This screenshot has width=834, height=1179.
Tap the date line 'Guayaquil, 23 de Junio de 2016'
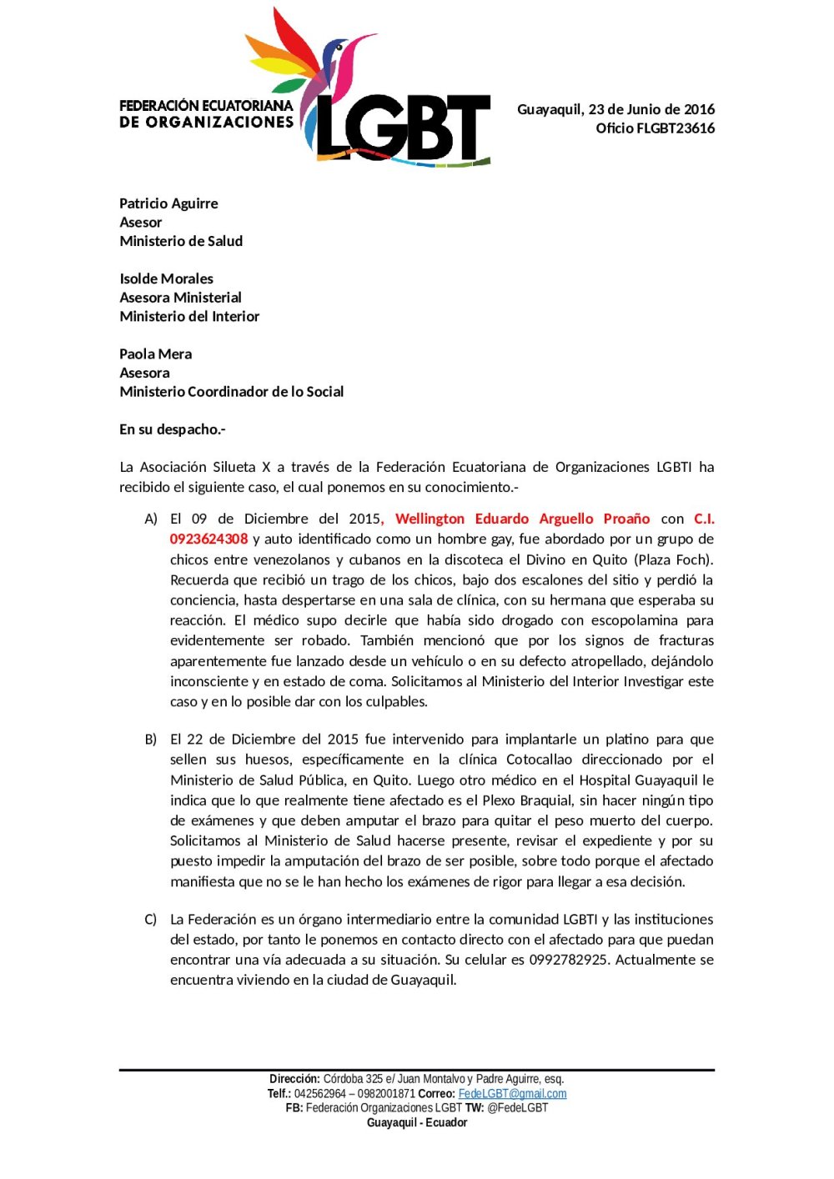(615, 109)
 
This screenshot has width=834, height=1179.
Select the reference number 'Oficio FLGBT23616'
(655, 128)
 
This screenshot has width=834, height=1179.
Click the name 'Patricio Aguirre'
(168, 203)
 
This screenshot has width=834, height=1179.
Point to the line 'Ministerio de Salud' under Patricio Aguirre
(181, 241)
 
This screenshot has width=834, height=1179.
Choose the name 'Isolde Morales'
(166, 278)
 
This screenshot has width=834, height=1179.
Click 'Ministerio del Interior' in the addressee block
(189, 317)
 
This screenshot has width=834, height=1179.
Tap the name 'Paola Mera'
(155, 354)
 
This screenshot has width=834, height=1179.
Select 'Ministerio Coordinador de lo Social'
(231, 392)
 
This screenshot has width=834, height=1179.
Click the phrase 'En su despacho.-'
(172, 429)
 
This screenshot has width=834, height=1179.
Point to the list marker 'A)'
(151, 519)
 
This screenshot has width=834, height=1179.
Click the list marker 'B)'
(151, 740)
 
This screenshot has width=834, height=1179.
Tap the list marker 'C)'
(151, 920)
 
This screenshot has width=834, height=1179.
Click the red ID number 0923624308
(208, 539)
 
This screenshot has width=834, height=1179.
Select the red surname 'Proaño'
(626, 519)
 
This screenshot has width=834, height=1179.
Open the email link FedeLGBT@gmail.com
(512, 1094)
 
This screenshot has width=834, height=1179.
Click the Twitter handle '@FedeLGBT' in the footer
(517, 1108)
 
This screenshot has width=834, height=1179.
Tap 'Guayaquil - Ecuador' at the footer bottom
(417, 1123)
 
